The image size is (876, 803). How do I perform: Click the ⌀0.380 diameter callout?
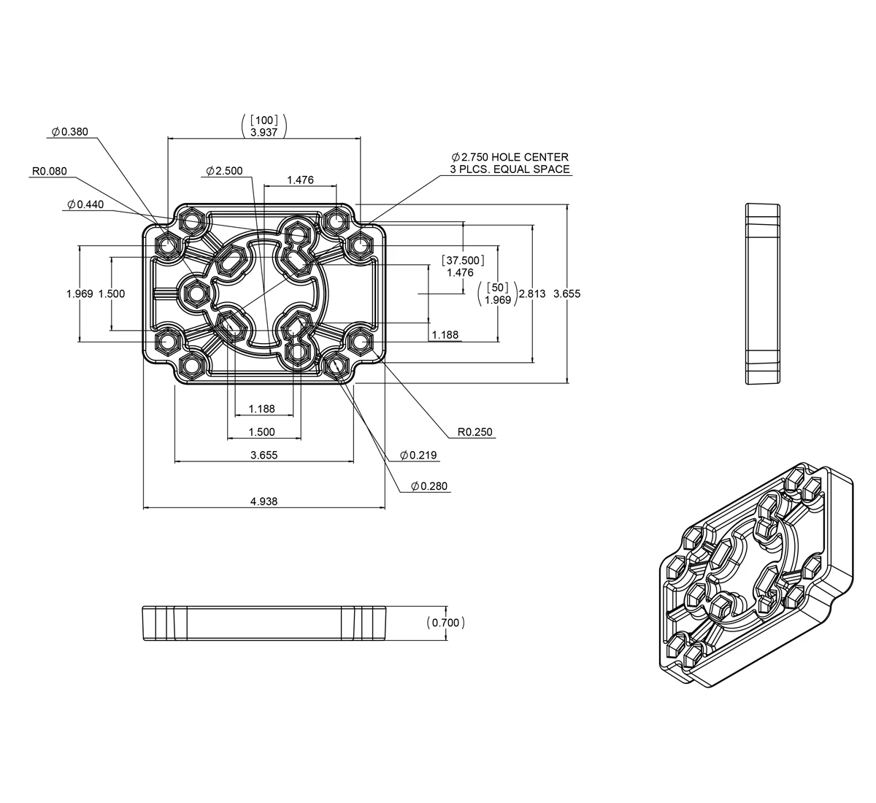tap(70, 131)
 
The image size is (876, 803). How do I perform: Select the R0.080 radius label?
tap(50, 171)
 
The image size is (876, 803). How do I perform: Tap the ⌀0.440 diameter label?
tap(85, 204)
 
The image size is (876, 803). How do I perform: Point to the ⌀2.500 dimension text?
tap(224, 171)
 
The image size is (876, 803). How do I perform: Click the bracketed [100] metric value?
tap(264, 120)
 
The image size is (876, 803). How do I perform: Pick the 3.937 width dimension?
tap(264, 132)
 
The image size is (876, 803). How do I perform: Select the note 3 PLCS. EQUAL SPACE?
tap(510, 169)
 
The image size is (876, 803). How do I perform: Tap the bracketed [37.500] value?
tap(463, 261)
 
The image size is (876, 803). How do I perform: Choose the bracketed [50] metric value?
tap(498, 288)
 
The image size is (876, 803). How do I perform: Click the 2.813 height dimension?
tap(532, 293)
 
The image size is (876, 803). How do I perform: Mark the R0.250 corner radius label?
tap(474, 431)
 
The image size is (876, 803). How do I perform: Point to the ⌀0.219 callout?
tap(418, 455)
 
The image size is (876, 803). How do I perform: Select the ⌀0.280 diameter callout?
tap(429, 486)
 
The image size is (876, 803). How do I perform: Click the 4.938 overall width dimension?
tap(264, 501)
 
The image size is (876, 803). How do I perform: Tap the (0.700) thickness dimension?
tap(445, 623)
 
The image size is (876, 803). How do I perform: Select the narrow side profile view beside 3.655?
tap(762, 293)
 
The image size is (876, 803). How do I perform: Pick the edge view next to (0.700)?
tap(264, 623)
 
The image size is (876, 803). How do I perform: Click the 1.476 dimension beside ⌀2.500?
tap(300, 180)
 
